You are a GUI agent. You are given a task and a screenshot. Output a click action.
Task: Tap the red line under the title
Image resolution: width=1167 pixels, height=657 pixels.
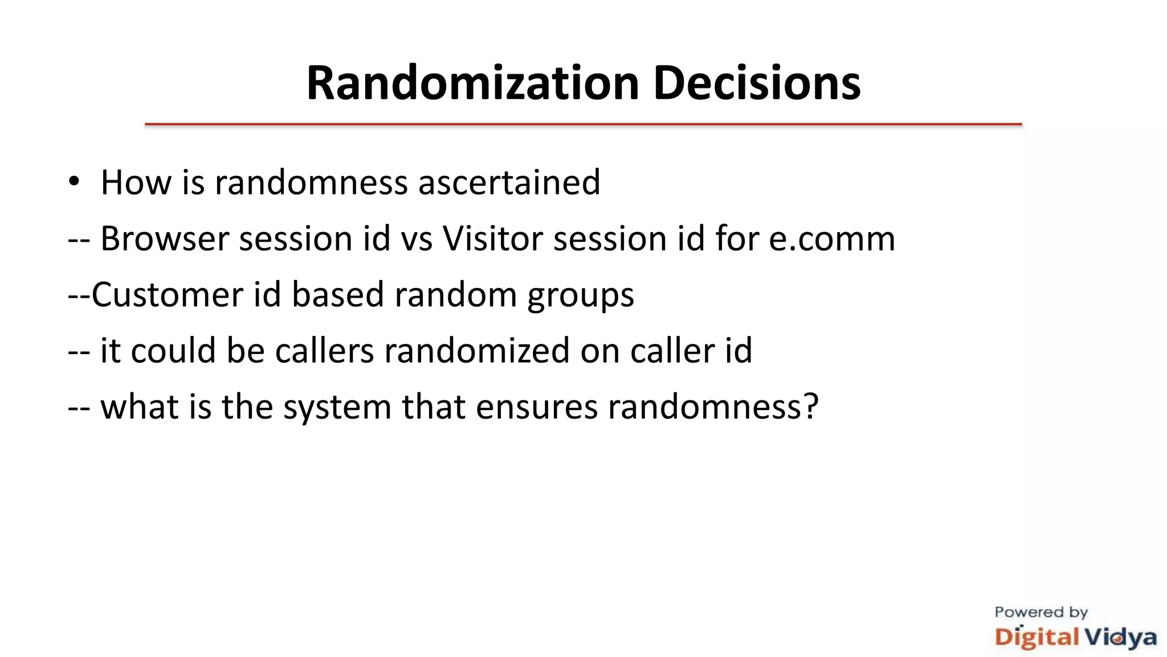pos(583,124)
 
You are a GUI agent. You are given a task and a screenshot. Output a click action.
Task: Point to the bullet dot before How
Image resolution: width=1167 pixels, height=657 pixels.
pos(74,182)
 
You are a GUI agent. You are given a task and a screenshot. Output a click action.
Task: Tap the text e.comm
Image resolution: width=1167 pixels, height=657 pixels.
pos(831,238)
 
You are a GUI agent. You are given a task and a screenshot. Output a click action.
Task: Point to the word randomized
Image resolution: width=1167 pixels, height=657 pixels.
pos(476,350)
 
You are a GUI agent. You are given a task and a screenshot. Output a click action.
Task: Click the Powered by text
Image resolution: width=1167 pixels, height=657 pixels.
pos(1041,613)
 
